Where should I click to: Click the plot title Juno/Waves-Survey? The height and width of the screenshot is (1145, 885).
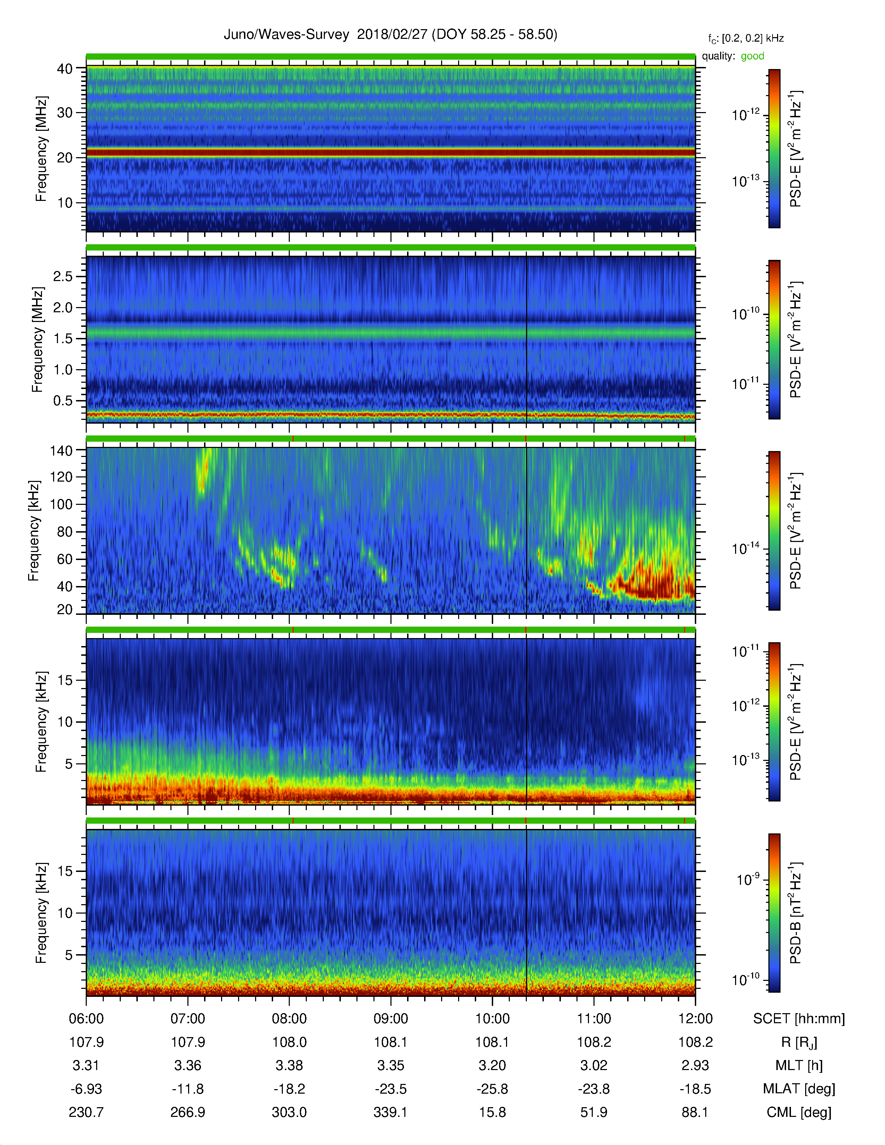pyautogui.click(x=286, y=35)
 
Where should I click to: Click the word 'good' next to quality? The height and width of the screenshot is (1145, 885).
pyautogui.click(x=752, y=56)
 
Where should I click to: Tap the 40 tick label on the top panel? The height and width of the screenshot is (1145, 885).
pyautogui.click(x=65, y=69)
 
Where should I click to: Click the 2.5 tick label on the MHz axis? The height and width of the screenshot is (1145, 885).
pyautogui.click(x=63, y=276)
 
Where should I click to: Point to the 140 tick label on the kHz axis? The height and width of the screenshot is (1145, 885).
pyautogui.click(x=61, y=450)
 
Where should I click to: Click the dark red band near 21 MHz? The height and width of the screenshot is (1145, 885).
pyautogui.click(x=390, y=153)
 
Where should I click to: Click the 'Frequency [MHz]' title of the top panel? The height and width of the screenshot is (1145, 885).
pyautogui.click(x=41, y=149)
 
